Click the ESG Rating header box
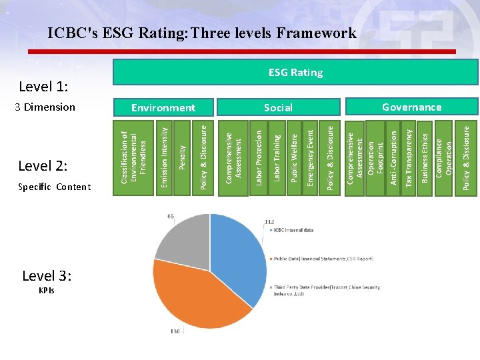[x=295, y=72]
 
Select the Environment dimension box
[x=163, y=107]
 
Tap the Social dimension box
[x=278, y=107]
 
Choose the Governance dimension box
[x=411, y=107]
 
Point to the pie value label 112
[x=269, y=221]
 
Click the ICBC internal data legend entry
[x=293, y=230]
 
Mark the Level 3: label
[x=47, y=276]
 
